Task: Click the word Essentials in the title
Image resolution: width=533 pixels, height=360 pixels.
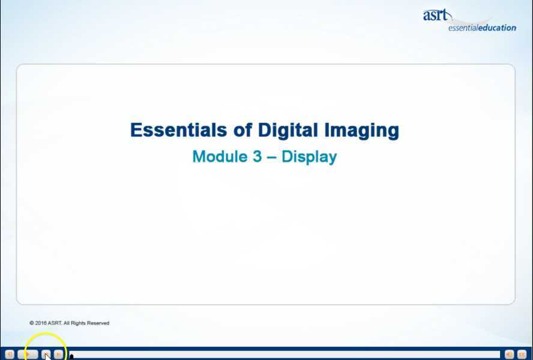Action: coord(169,130)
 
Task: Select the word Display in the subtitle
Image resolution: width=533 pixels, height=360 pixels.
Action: coord(309,157)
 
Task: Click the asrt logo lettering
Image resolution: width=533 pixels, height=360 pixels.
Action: coord(435,15)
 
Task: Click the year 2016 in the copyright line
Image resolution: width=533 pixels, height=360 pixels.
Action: coord(41,323)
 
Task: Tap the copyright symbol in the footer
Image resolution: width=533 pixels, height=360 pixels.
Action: coord(31,323)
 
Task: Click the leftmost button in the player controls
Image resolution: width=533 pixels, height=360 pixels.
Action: coord(9,355)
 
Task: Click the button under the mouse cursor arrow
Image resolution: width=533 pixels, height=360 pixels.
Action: coord(46,355)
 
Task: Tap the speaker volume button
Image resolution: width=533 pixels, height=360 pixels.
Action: coord(509,355)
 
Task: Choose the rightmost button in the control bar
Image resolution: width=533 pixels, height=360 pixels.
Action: coord(522,355)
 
